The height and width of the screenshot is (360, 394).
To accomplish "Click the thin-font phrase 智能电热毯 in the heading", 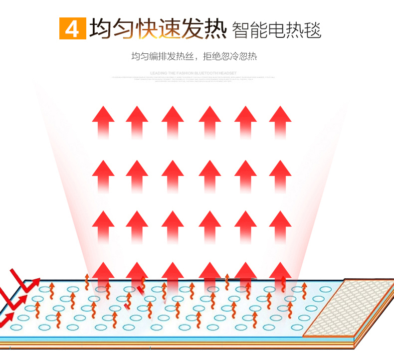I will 277,30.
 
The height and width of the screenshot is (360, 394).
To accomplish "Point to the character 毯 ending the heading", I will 313,30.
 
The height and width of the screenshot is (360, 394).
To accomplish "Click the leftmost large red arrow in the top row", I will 103,121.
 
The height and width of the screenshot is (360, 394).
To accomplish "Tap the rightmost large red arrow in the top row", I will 280,121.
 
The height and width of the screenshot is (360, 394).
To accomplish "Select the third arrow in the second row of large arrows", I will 173,175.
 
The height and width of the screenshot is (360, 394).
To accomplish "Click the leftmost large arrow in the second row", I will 103,175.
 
